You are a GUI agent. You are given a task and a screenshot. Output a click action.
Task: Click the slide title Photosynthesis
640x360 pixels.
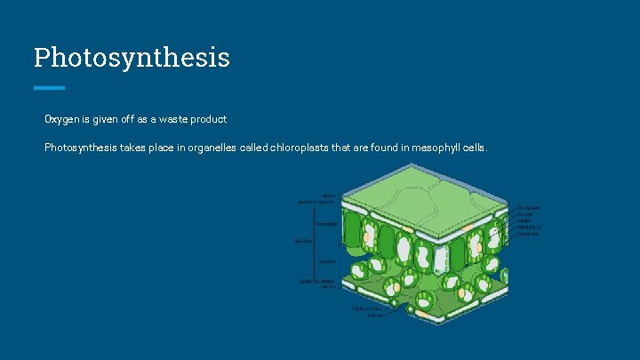coord(132,58)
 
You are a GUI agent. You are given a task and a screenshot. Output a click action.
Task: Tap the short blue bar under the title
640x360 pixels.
coord(49,87)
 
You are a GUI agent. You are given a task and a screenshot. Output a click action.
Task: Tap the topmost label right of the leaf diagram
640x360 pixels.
coord(530,208)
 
